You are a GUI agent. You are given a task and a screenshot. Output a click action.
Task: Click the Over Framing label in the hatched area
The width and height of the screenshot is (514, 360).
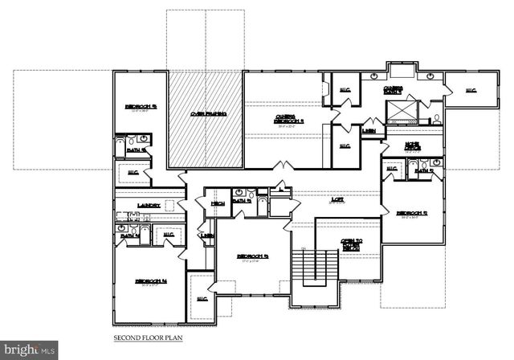click(x=207, y=114)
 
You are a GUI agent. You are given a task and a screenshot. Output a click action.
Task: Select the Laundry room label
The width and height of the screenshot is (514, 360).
click(x=149, y=206)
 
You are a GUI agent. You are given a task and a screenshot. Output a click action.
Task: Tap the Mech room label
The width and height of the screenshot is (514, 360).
click(x=217, y=204)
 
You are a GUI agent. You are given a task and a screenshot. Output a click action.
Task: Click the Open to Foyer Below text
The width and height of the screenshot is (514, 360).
click(x=349, y=245)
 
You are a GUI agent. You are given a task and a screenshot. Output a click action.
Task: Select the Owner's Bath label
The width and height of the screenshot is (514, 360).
click(x=393, y=90)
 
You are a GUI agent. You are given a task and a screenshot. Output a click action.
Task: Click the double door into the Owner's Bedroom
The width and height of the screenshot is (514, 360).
click(x=283, y=166)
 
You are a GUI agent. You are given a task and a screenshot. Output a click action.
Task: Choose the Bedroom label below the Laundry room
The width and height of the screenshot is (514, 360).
click(x=150, y=282)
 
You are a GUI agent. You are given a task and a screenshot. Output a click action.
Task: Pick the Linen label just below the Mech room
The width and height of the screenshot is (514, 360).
click(x=207, y=236)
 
